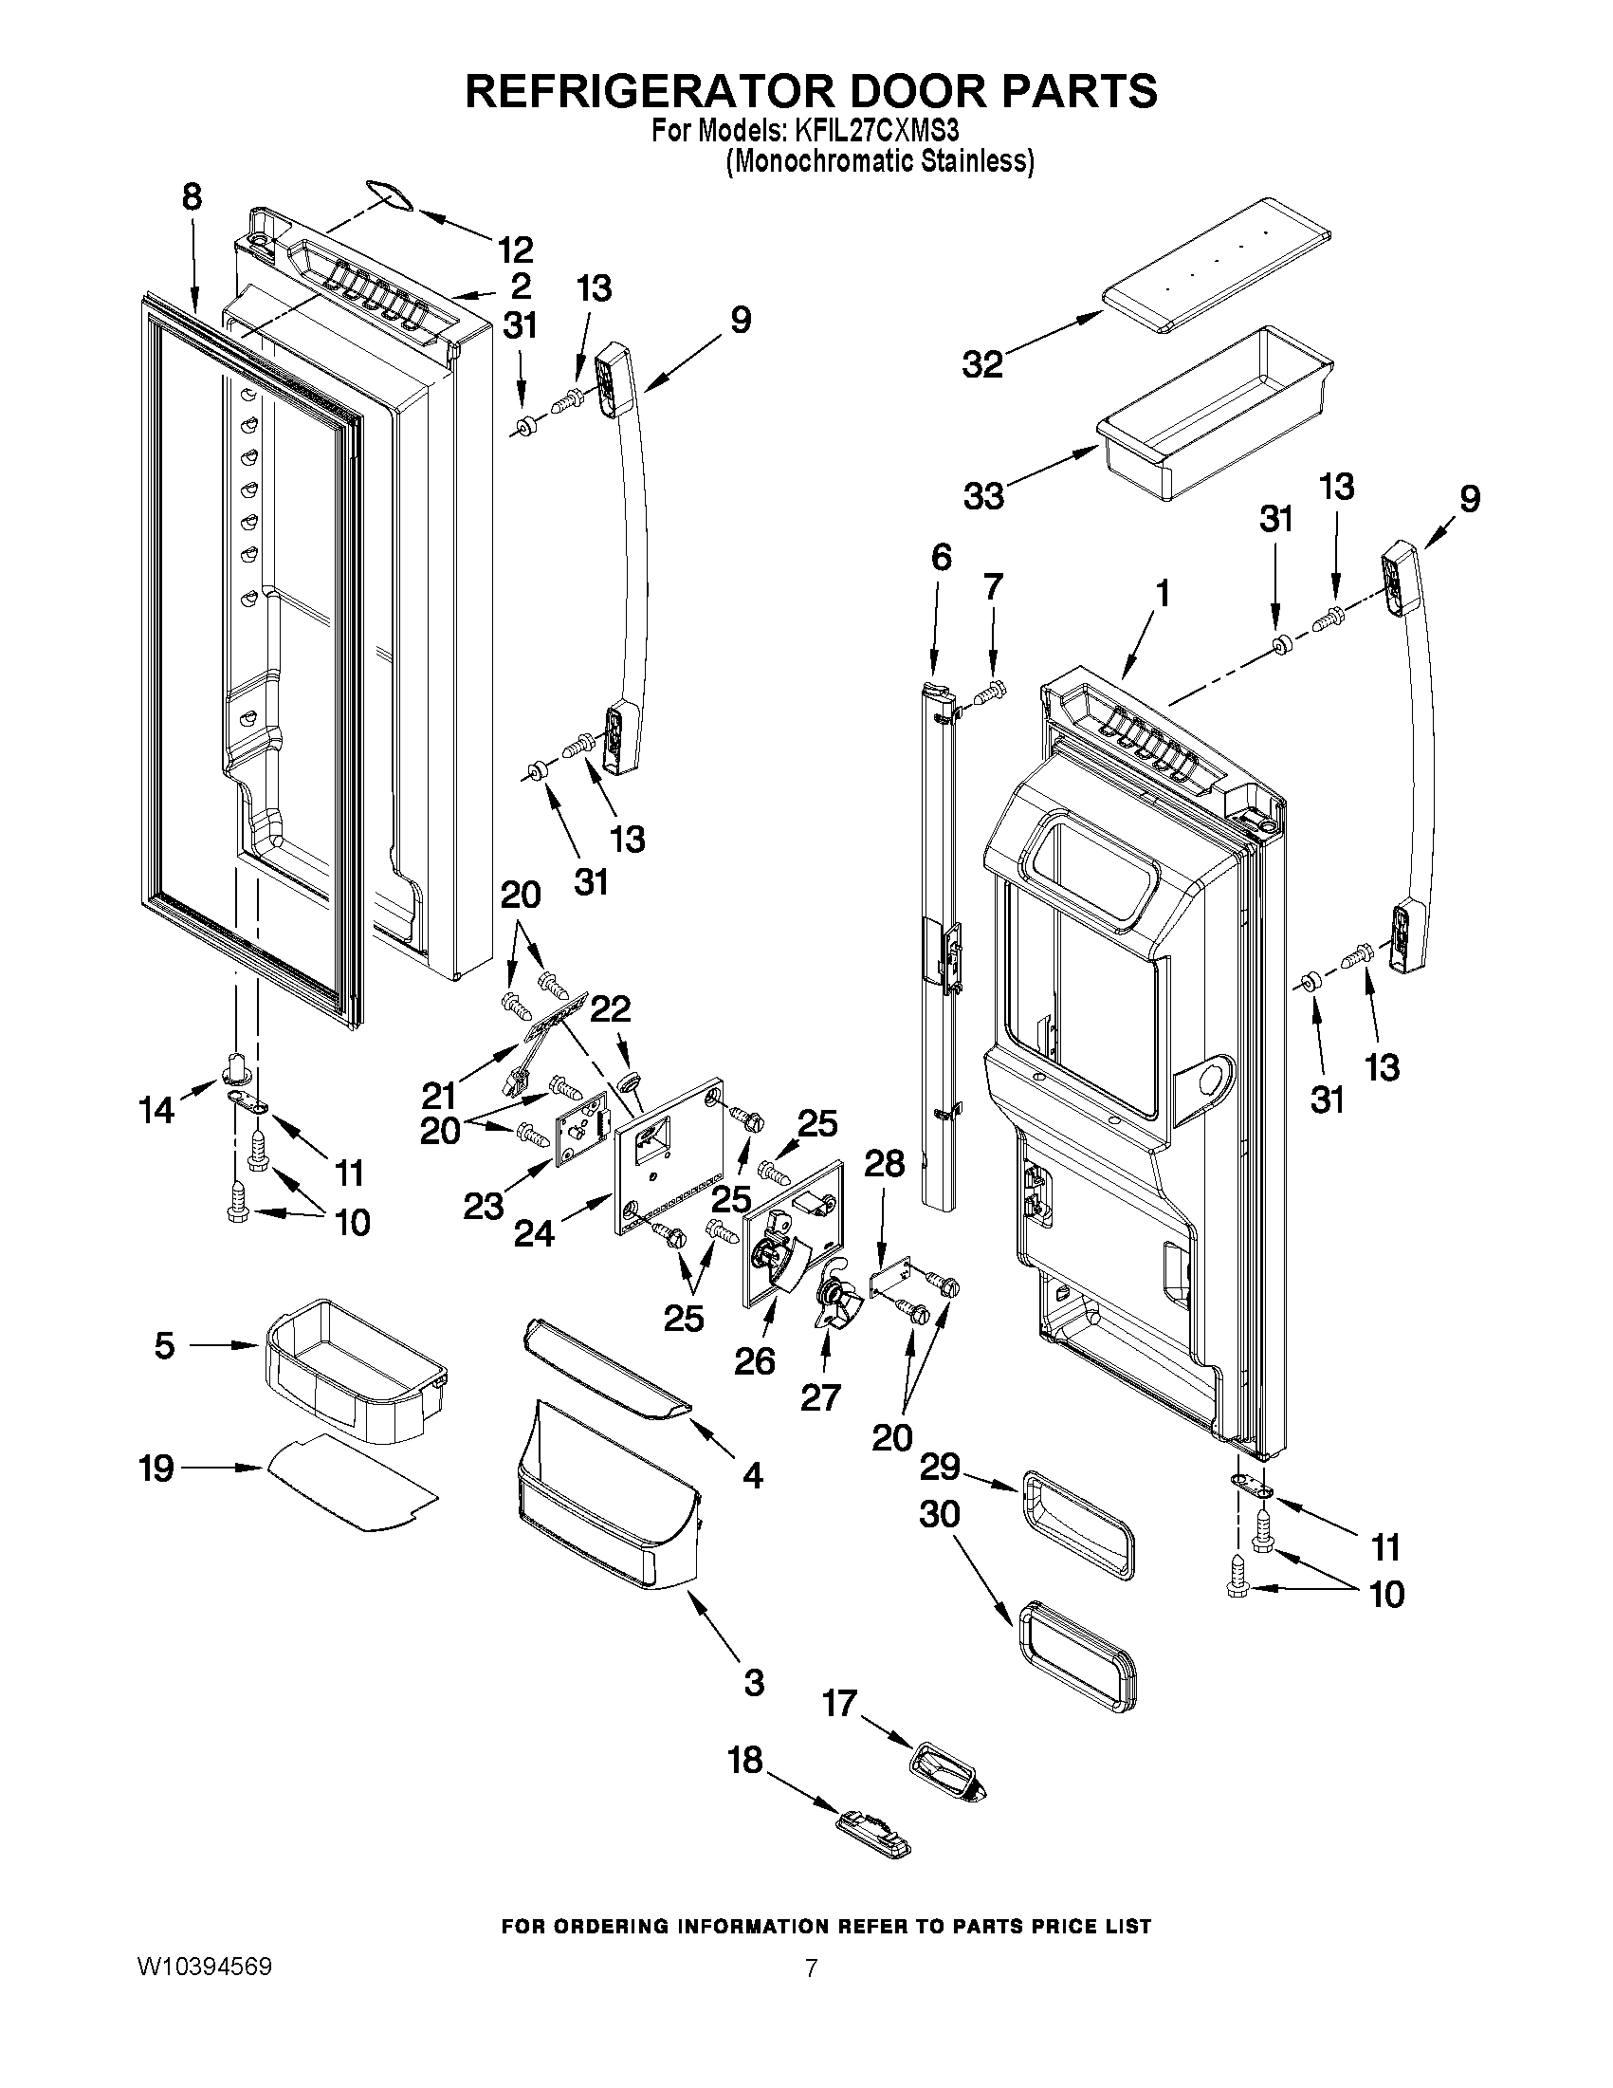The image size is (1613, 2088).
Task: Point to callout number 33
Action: point(983,495)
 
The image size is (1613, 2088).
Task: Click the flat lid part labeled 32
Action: point(1219,265)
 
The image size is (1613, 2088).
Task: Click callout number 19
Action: point(156,1468)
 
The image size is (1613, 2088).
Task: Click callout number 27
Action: point(819,1397)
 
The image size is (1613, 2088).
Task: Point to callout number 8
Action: point(192,197)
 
